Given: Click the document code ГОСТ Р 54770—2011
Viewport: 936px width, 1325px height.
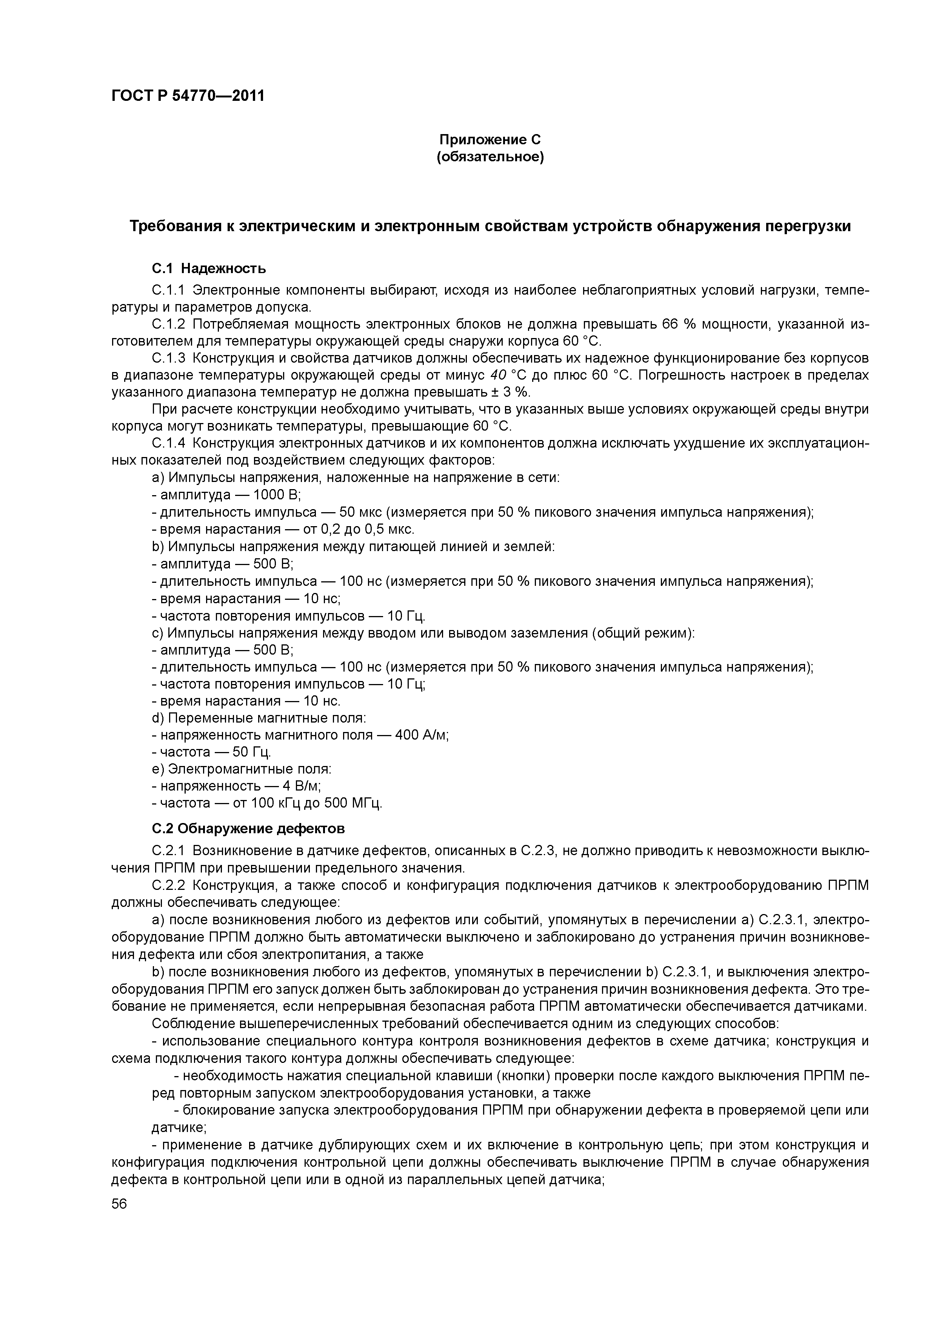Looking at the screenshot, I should pos(188,96).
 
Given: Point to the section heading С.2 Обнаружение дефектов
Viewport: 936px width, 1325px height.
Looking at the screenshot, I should pos(248,829).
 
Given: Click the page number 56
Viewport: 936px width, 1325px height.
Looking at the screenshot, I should pos(119,1204).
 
